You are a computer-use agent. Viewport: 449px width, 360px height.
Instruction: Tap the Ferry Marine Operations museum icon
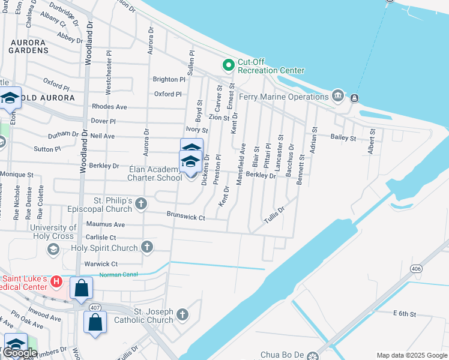338,96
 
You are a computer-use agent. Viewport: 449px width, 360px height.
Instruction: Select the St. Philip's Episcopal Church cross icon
141,204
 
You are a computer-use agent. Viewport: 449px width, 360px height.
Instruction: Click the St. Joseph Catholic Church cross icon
182,314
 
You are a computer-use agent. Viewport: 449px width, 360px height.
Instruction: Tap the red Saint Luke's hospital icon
56,281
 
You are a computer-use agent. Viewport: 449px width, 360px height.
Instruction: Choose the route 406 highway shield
417,269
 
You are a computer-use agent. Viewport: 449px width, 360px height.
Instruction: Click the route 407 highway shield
94,307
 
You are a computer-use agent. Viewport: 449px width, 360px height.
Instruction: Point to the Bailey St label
343,137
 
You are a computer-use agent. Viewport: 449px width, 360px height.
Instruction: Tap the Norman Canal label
118,274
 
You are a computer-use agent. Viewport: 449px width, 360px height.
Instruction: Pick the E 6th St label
405,314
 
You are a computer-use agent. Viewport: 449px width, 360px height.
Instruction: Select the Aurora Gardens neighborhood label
28,47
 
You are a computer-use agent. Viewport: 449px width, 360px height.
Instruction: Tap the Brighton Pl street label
169,79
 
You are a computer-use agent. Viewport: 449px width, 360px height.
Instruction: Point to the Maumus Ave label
105,224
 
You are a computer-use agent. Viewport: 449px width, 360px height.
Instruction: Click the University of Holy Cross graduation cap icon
53,249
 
